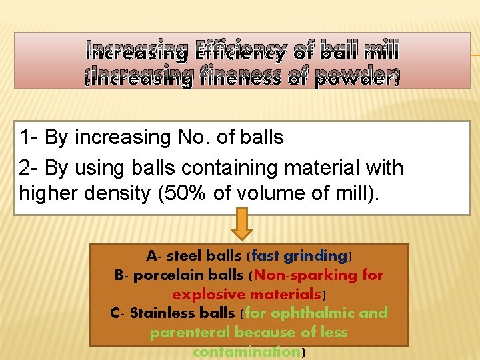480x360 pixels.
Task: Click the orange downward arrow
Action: coord(242,224)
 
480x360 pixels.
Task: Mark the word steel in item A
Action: coord(186,255)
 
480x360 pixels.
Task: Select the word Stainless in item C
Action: coord(165,313)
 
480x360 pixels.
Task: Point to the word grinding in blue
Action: coord(315,255)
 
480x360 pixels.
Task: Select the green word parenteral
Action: coord(191,332)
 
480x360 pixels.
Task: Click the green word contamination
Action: coord(245,351)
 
